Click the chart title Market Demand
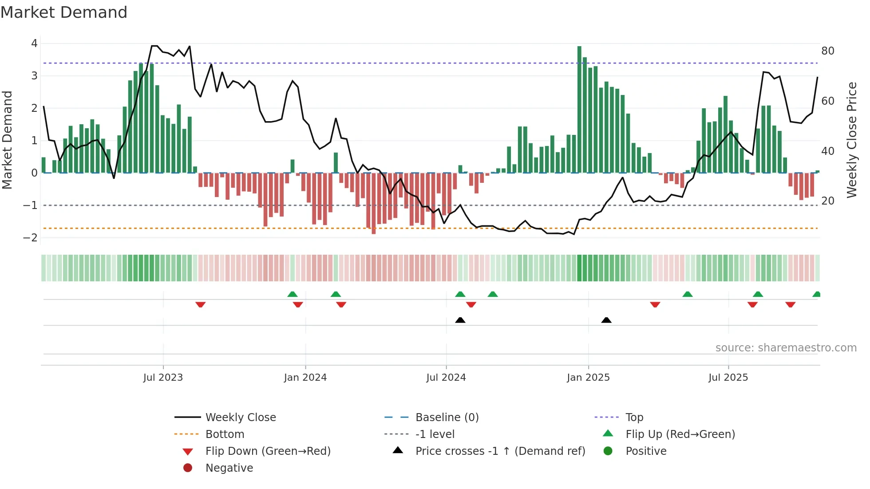[64, 12]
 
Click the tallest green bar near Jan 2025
[579, 109]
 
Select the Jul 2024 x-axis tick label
[446, 378]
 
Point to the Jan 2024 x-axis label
[305, 378]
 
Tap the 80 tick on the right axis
[827, 51]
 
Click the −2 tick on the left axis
[30, 238]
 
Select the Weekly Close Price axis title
[851, 140]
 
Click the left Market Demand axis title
[8, 140]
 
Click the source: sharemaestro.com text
[786, 348]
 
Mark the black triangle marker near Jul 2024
[460, 320]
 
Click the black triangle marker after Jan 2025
[606, 320]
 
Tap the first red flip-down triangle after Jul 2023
[201, 304]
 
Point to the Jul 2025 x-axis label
[728, 378]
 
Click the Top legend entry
[634, 418]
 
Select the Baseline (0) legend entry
[447, 418]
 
